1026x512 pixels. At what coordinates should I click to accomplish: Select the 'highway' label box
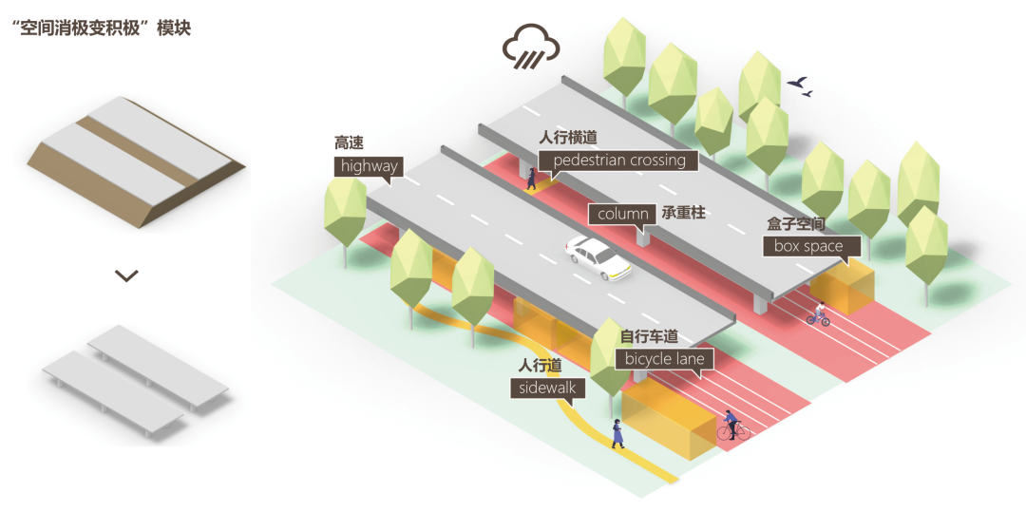coord(369,167)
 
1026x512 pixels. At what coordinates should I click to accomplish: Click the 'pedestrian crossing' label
coord(618,161)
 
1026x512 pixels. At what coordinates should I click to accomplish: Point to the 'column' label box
coord(622,215)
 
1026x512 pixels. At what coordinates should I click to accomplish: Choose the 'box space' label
coord(808,246)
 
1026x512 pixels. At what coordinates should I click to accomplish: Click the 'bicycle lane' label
coord(664,359)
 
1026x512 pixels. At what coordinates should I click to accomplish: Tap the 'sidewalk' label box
coord(548,388)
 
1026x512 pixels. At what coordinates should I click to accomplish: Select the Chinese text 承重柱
coord(684,214)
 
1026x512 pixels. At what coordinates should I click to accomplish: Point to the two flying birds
coord(800,86)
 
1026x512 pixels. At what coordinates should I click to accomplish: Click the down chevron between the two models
coord(126,275)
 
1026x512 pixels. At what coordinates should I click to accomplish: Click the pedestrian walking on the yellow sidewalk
coord(618,432)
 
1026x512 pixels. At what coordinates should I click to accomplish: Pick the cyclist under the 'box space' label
coord(818,314)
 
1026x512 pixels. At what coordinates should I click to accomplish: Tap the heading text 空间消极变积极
coord(100,28)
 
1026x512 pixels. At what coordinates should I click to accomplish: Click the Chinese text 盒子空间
coord(796,224)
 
